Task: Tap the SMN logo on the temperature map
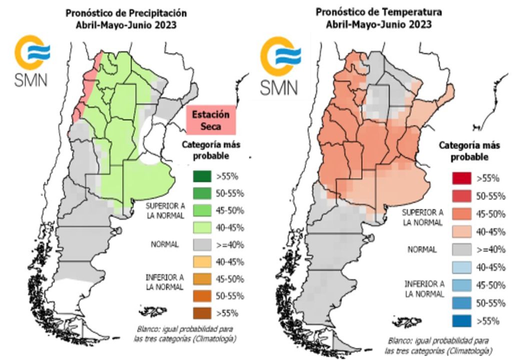[x=279, y=68]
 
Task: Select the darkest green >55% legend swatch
[x=202, y=176]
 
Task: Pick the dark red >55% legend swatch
[x=461, y=178]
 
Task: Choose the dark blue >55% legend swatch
[x=461, y=321]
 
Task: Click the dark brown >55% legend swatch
[x=202, y=313]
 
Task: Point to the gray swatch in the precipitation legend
[x=202, y=245]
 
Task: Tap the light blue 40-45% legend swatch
[x=461, y=267]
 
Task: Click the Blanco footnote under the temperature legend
[x=438, y=344]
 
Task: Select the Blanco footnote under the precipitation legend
[x=186, y=333]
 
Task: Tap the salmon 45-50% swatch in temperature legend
[x=461, y=214]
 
